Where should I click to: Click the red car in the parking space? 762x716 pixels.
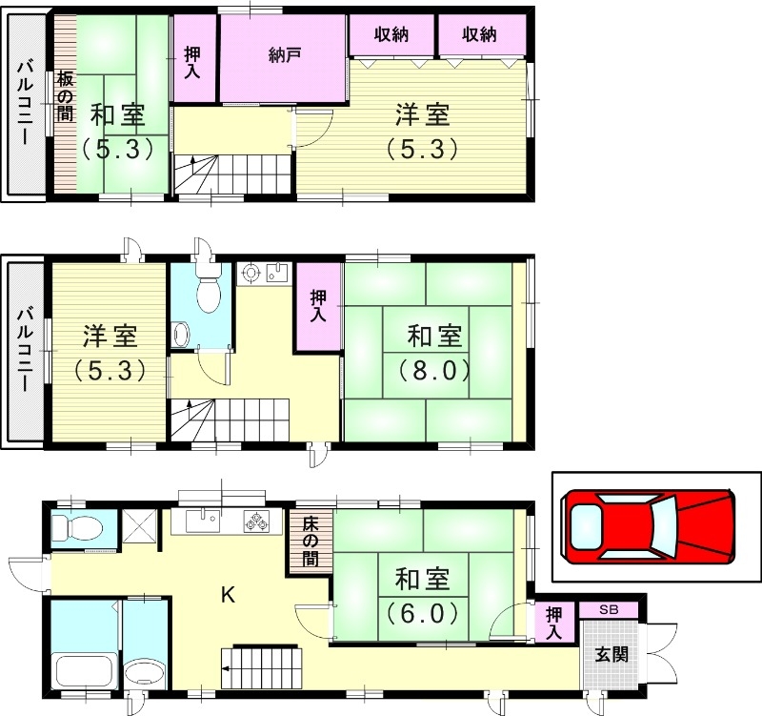[648, 526]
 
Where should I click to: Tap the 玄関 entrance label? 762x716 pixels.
[612, 654]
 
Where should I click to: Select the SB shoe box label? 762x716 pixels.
[609, 609]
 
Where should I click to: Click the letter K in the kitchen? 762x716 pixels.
[228, 594]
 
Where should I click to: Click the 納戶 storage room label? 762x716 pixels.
[283, 55]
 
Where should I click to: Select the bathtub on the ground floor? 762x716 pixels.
[85, 672]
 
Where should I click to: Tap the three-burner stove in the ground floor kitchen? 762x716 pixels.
[256, 521]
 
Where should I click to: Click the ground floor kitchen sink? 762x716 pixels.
[203, 521]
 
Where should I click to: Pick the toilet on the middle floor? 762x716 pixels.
[209, 289]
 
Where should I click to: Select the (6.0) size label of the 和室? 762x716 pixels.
[422, 613]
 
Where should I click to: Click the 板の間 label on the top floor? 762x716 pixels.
[66, 96]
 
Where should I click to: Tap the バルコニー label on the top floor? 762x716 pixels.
[25, 103]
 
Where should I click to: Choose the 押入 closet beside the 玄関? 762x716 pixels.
[554, 623]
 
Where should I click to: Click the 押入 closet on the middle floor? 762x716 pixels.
[318, 306]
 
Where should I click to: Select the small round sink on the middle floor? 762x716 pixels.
[181, 335]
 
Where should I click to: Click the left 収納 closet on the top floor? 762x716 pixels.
[391, 35]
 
